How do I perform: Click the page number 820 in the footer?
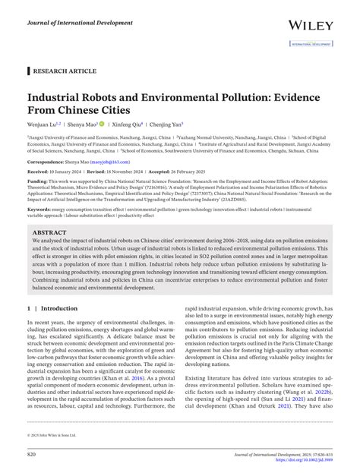32,453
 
